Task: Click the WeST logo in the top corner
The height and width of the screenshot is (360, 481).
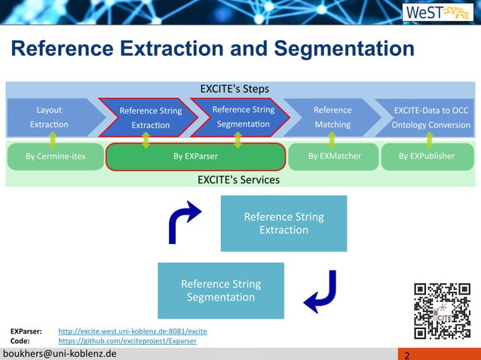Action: click(437, 13)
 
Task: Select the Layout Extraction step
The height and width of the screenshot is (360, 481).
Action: click(50, 117)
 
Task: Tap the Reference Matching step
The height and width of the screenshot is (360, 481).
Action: click(332, 117)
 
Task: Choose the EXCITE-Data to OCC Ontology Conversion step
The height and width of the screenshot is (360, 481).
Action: click(428, 117)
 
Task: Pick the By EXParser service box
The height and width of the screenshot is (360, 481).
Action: click(195, 156)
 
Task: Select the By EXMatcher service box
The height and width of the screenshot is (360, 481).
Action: click(334, 156)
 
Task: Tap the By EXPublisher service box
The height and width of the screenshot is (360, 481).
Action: click(427, 156)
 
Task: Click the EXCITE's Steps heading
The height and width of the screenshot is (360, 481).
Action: click(234, 89)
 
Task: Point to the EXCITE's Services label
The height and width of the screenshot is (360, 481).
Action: click(238, 180)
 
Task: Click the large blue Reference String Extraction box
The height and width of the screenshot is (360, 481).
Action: click(283, 223)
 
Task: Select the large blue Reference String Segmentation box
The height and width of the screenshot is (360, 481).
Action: click(221, 290)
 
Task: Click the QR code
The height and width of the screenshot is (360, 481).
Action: click(442, 310)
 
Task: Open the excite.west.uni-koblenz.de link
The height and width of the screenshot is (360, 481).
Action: click(133, 331)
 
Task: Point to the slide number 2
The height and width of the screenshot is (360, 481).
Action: click(407, 355)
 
